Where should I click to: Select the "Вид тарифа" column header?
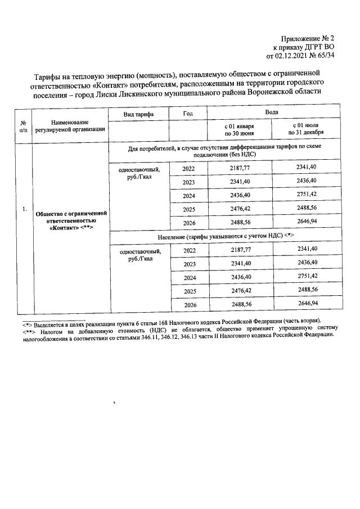139,114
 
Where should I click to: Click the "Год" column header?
188,114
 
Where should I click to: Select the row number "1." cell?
24,210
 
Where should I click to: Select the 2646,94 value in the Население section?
307,304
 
